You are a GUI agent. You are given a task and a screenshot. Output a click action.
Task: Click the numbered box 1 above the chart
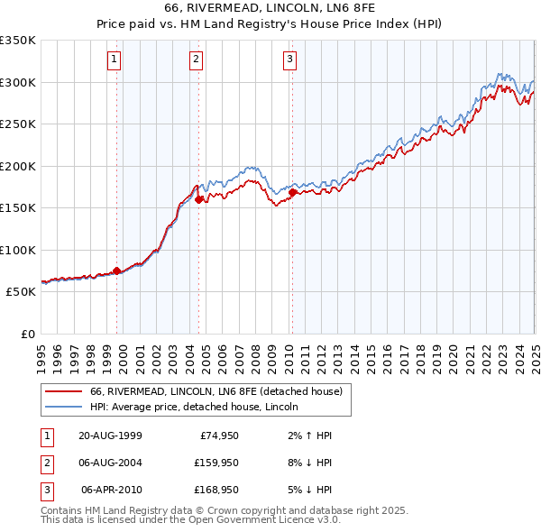click(x=115, y=60)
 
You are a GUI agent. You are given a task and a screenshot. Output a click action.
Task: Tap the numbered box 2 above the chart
click(x=196, y=60)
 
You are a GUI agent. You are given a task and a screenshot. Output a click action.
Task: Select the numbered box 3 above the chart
click(x=289, y=60)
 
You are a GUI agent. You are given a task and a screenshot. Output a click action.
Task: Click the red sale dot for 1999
click(x=116, y=271)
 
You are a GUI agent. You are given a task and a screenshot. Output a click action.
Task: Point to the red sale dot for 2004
click(x=198, y=200)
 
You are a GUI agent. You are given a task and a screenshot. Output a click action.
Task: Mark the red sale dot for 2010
click(x=292, y=191)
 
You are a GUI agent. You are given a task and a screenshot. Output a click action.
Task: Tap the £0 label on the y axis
click(x=27, y=334)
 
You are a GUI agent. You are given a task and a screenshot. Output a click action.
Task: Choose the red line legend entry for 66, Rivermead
click(x=215, y=392)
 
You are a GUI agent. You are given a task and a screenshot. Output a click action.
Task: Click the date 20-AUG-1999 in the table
click(x=110, y=435)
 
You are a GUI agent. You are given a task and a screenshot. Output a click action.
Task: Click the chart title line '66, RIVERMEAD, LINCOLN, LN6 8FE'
click(x=270, y=9)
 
